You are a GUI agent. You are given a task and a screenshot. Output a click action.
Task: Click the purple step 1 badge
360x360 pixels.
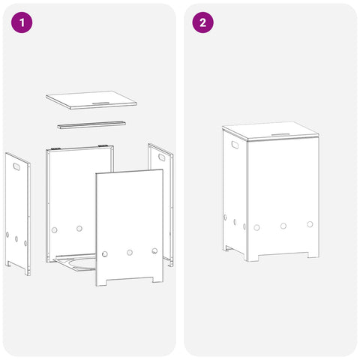point(22,22)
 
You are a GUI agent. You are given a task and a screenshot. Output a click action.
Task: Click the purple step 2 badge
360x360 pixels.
point(202,22)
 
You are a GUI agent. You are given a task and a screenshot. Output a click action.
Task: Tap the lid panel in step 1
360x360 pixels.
point(91,100)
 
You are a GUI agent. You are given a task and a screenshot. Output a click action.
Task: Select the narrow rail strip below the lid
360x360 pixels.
point(91,124)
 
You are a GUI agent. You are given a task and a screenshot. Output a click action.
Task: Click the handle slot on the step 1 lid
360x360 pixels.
point(100,103)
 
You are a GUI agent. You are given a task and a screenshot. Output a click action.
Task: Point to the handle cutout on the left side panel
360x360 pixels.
point(17,166)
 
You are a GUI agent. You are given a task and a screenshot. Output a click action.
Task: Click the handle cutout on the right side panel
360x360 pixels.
point(162,157)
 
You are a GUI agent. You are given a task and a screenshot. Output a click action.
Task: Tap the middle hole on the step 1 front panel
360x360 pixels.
point(130,252)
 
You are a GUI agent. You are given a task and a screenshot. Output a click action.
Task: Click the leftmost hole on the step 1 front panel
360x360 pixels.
point(105,254)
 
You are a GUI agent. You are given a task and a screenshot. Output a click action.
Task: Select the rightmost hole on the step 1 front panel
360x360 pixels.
point(154,250)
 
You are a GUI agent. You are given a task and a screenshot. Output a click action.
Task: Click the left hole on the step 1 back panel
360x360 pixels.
point(54,229)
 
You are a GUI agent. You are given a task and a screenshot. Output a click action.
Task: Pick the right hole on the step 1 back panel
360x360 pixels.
point(79,228)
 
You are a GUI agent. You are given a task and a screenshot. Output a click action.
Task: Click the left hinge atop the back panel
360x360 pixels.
point(56,148)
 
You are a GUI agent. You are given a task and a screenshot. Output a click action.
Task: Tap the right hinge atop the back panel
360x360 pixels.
point(103,145)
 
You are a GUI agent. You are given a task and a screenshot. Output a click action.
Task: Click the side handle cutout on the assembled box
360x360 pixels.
point(235,145)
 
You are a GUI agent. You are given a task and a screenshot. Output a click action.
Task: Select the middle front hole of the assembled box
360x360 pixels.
point(283,226)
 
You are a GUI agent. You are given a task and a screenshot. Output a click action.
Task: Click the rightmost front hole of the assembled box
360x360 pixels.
point(310,224)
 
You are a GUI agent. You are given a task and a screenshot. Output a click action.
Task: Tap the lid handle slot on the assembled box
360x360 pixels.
point(280,135)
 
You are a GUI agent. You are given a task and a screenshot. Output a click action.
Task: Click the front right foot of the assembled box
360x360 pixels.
point(313,255)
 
